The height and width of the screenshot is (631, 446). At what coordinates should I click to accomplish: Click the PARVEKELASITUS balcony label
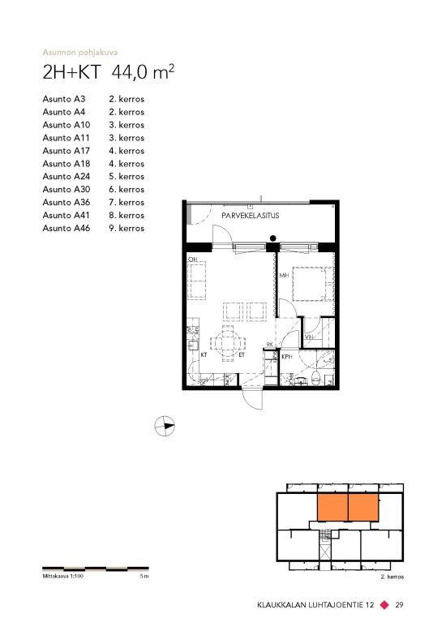pyautogui.click(x=250, y=216)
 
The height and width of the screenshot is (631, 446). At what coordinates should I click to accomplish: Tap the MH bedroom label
pyautogui.click(x=284, y=275)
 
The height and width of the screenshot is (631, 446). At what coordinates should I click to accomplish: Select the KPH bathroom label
pyautogui.click(x=287, y=357)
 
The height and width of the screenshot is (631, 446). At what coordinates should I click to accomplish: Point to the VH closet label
pyautogui.click(x=309, y=337)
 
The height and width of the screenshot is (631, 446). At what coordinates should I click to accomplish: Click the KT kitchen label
pyautogui.click(x=204, y=355)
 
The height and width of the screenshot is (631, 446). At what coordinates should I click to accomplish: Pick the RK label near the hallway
pyautogui.click(x=270, y=345)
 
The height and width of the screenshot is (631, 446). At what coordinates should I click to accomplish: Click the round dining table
pyautogui.click(x=227, y=344)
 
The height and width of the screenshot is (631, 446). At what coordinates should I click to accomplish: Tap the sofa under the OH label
pyautogui.click(x=197, y=280)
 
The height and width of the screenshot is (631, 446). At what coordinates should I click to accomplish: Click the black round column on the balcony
pyautogui.click(x=273, y=238)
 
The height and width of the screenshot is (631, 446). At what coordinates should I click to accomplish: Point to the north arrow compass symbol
pyautogui.click(x=165, y=425)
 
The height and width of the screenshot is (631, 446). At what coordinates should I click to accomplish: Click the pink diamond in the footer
pyautogui.click(x=385, y=604)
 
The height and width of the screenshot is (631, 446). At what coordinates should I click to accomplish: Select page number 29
pyautogui.click(x=399, y=604)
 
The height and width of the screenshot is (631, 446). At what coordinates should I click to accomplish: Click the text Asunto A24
pyautogui.click(x=66, y=176)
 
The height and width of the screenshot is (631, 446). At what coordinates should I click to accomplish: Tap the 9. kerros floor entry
pyautogui.click(x=127, y=228)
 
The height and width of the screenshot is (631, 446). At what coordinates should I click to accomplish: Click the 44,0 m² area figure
pyautogui.click(x=143, y=72)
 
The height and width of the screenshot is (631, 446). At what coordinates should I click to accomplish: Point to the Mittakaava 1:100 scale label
pyautogui.click(x=62, y=577)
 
